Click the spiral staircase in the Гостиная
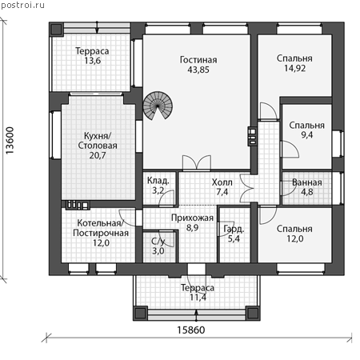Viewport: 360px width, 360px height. pos(158,106)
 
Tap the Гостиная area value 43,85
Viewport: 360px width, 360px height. pos(198,70)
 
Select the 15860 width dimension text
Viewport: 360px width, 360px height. pos(191,330)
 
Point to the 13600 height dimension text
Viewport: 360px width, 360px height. pos(10,140)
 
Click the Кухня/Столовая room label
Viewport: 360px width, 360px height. pos(98,146)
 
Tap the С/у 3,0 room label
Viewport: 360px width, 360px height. pos(158,246)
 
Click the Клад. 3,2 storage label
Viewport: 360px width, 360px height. pos(158,186)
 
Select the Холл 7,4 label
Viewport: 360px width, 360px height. pos(222,187)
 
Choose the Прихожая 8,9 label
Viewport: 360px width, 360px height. pos(192,222)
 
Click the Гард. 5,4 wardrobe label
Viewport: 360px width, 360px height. pos(234,234)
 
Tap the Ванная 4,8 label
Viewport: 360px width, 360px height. pos(307,187)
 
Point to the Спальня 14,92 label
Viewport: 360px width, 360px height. pos(294,63)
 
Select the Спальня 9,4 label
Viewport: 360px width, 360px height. pos(307,130)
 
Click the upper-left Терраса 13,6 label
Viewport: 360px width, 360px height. pos(92,56)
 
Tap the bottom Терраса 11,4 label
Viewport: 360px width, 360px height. pos(198,293)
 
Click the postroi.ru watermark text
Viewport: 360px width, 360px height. pos(22,5)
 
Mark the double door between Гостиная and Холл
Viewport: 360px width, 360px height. pos(197,162)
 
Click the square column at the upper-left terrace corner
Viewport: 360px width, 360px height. pos(56,29)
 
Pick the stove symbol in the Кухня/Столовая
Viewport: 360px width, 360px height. pos(77,205)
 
